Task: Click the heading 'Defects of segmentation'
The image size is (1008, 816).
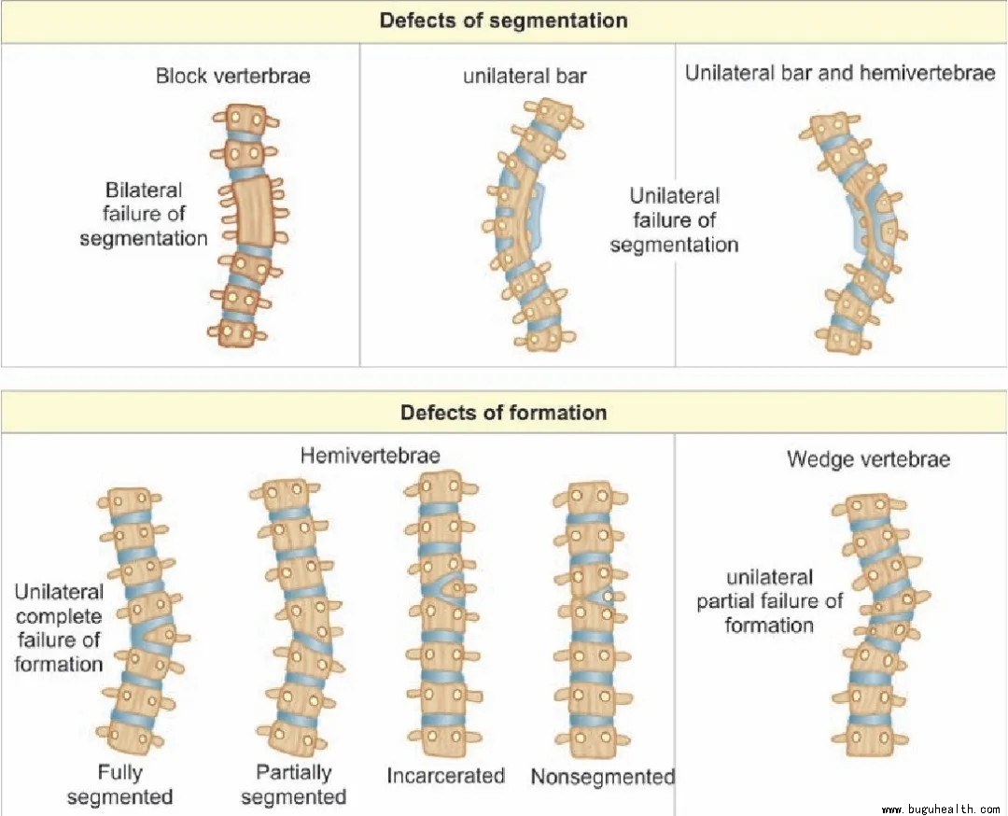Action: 503,21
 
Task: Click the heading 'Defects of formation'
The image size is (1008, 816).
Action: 503,412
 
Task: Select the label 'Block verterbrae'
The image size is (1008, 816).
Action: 232,76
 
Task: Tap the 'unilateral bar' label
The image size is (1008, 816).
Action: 525,76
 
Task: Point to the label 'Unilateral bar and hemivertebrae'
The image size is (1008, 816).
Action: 840,73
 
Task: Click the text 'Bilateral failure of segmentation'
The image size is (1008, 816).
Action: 143,215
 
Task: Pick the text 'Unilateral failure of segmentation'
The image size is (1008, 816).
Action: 674,220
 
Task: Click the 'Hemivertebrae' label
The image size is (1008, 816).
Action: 371,456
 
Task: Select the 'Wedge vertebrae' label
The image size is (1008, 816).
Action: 868,459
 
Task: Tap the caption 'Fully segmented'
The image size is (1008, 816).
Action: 133,784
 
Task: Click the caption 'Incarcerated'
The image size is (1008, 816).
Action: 445,775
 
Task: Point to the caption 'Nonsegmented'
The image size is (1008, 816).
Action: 602,777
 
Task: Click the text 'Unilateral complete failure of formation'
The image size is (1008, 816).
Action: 60,627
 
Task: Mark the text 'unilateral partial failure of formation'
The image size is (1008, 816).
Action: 769,601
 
